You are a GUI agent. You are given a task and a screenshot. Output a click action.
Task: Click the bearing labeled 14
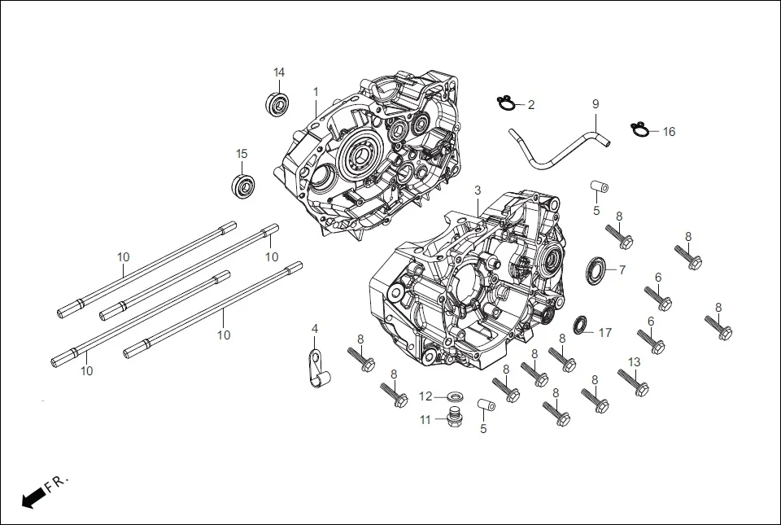278,104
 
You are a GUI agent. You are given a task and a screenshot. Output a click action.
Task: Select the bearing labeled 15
243,186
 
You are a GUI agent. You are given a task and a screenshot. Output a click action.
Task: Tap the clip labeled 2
508,103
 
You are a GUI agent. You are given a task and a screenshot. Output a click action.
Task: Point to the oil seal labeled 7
596,269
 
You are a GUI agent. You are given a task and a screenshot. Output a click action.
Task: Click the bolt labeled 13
633,383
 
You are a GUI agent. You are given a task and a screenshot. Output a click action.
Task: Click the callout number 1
316,92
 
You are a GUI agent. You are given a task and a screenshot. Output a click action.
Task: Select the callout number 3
478,190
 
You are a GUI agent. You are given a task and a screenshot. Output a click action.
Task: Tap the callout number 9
596,104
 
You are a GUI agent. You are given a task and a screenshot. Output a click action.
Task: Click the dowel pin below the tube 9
599,187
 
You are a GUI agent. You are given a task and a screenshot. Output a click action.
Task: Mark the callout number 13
635,362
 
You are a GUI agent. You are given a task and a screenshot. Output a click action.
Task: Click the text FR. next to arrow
58,484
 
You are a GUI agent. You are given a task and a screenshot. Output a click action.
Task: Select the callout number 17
604,333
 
